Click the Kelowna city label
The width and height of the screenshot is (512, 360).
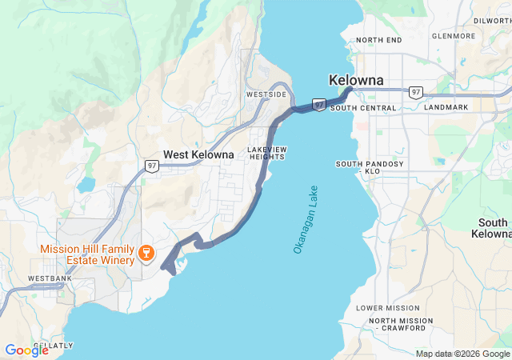pos(356,81)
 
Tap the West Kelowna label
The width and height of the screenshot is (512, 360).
pos(198,154)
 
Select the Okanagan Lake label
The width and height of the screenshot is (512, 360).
pos(306,221)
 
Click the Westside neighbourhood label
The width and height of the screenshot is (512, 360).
pos(266,94)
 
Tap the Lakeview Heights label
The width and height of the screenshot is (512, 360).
pos(267,153)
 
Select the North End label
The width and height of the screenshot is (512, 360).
pos(379,40)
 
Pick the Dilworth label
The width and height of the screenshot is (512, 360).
pos(491,21)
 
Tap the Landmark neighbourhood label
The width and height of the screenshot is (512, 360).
pos(446,107)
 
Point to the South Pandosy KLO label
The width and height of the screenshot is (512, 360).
pos(370,167)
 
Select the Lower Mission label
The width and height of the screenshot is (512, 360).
pos(387,308)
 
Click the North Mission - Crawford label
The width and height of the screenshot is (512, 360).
pos(402,324)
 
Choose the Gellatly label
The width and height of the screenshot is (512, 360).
pos(54,346)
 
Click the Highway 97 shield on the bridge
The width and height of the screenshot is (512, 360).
pos(318,105)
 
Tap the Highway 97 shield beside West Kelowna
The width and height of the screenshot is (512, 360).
pos(151,166)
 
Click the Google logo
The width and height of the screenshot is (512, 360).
pos(26,350)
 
